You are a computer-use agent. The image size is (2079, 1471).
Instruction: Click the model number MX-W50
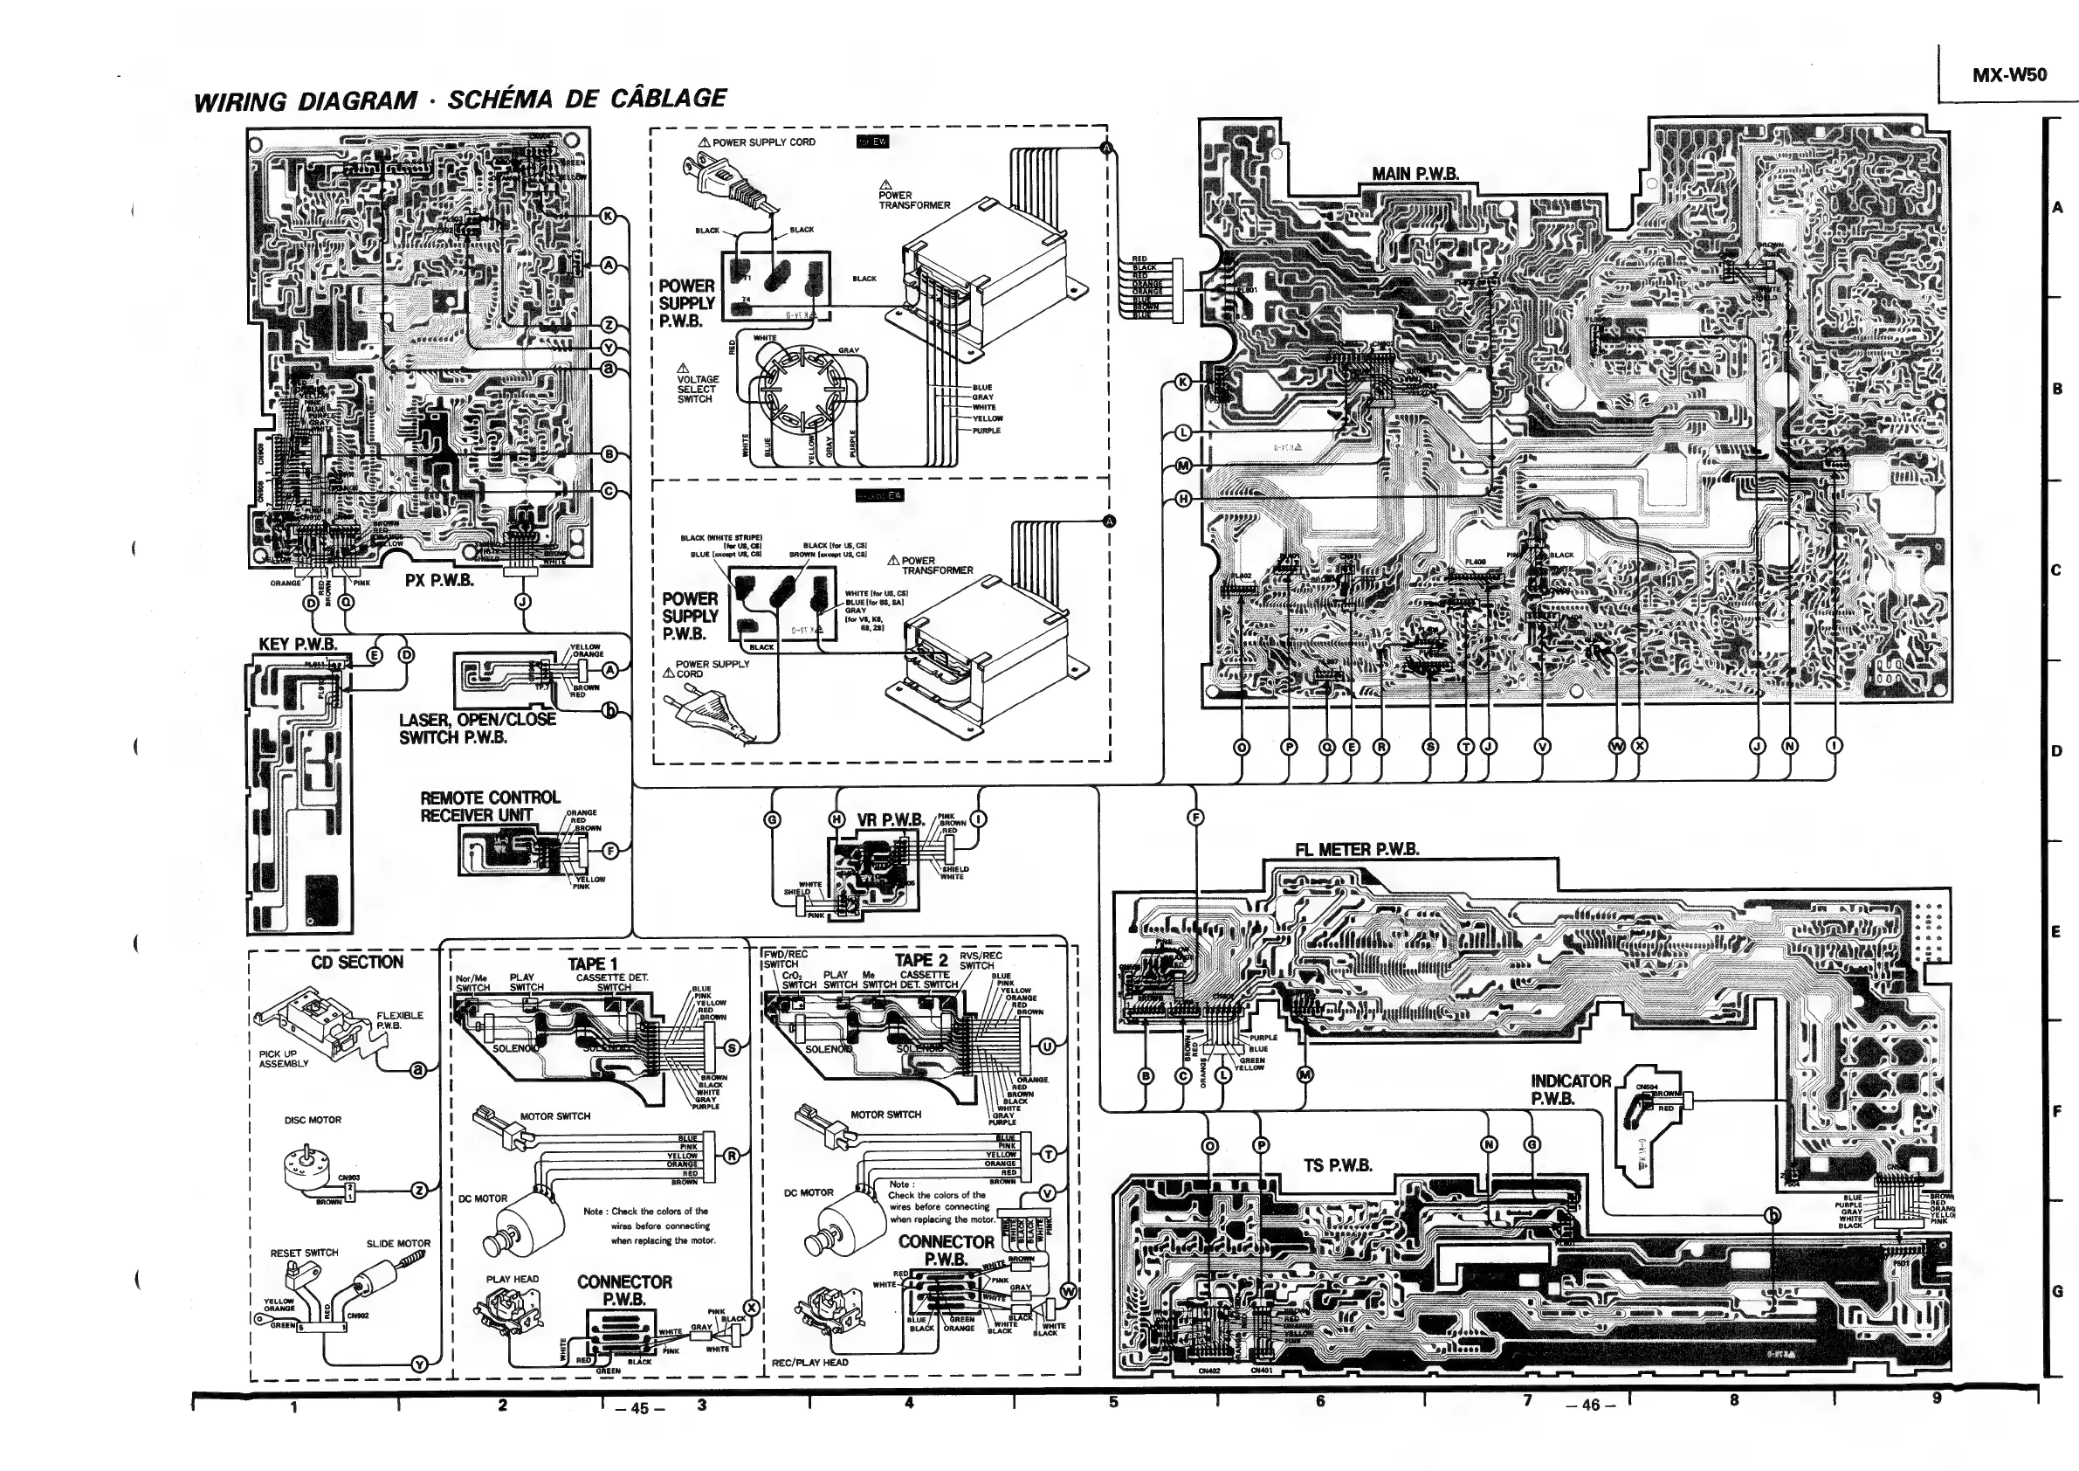coord(2008,75)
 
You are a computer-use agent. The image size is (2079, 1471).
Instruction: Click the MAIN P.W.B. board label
coord(1415,173)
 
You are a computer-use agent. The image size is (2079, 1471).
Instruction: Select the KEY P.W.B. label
coord(297,645)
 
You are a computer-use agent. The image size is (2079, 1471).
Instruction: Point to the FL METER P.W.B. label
coord(1356,850)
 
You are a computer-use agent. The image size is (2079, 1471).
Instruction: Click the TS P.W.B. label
coord(1338,1166)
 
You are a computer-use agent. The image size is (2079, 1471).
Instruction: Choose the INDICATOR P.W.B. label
coord(1570,1089)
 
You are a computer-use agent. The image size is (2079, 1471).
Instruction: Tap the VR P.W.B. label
coord(890,820)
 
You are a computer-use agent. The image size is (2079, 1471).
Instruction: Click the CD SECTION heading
coord(357,962)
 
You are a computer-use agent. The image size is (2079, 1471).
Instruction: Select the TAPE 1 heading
coord(592,963)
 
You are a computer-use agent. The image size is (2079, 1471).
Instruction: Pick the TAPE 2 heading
coord(921,960)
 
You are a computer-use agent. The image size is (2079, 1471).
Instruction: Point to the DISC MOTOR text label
coord(313,1121)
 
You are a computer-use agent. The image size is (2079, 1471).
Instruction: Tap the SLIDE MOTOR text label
coord(397,1244)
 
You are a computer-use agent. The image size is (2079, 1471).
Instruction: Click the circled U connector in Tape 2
coord(1048,1047)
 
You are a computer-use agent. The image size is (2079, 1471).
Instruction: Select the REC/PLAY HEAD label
coord(809,1363)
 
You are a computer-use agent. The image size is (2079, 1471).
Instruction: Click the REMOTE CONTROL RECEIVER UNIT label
coord(490,806)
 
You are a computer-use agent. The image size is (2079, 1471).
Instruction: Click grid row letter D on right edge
coord(2057,751)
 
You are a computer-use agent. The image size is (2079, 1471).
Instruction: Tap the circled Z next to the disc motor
coord(419,1191)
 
